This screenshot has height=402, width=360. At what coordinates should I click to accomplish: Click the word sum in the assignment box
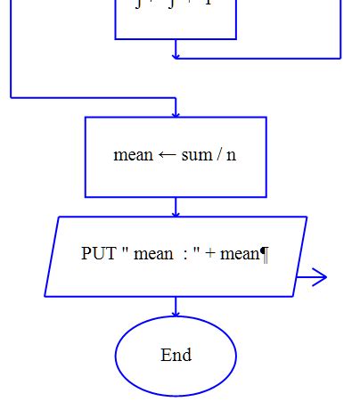click(197, 154)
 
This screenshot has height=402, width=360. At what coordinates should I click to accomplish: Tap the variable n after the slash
click(232, 155)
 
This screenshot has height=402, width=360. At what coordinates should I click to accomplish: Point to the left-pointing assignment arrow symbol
click(168, 155)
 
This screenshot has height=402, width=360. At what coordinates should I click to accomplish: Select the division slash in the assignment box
click(219, 154)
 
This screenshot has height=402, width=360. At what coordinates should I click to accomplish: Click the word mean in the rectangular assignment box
click(134, 154)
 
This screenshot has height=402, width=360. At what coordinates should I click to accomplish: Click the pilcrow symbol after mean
click(265, 254)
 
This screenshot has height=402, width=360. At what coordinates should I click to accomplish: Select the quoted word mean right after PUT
click(153, 254)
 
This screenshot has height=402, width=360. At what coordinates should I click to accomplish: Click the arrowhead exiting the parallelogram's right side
click(322, 277)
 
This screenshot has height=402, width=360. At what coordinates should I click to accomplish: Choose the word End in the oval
click(176, 356)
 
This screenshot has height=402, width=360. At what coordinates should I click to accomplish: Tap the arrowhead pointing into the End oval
click(176, 314)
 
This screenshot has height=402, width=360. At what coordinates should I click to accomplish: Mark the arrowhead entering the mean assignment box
click(176, 113)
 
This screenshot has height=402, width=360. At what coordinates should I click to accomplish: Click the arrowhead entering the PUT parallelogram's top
click(176, 213)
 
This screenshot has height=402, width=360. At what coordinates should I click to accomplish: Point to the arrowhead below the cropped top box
click(176, 55)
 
